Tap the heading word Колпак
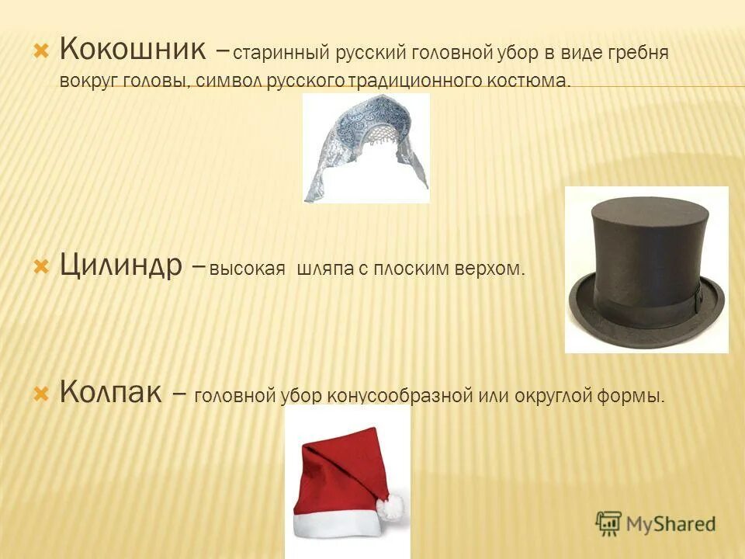pos(111,393)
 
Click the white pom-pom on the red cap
pos(390,507)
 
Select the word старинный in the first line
pos(282,54)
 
